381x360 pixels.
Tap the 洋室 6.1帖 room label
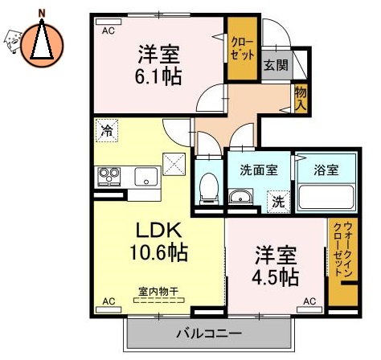click(x=158, y=66)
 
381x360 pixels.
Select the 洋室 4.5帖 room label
click(x=277, y=268)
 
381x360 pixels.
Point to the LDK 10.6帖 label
click(x=158, y=240)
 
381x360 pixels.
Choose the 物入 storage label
click(x=300, y=98)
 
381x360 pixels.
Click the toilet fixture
click(x=208, y=187)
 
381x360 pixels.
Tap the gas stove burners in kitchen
click(x=109, y=174)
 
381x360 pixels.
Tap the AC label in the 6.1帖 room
click(x=107, y=30)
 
